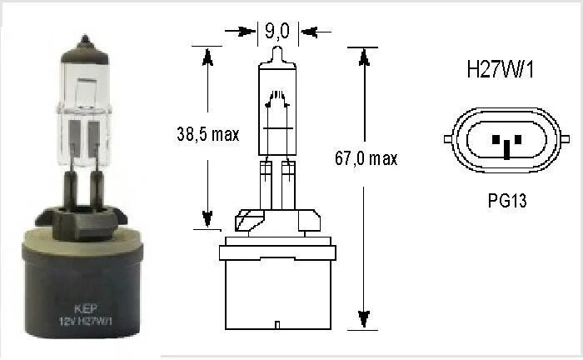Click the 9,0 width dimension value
coord(277,32)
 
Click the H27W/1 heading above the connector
coord(499,70)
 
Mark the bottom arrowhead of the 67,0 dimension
coord(362,320)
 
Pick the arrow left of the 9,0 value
coord(247,32)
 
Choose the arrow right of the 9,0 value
coord(308,32)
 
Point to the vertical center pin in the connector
coord(505,148)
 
